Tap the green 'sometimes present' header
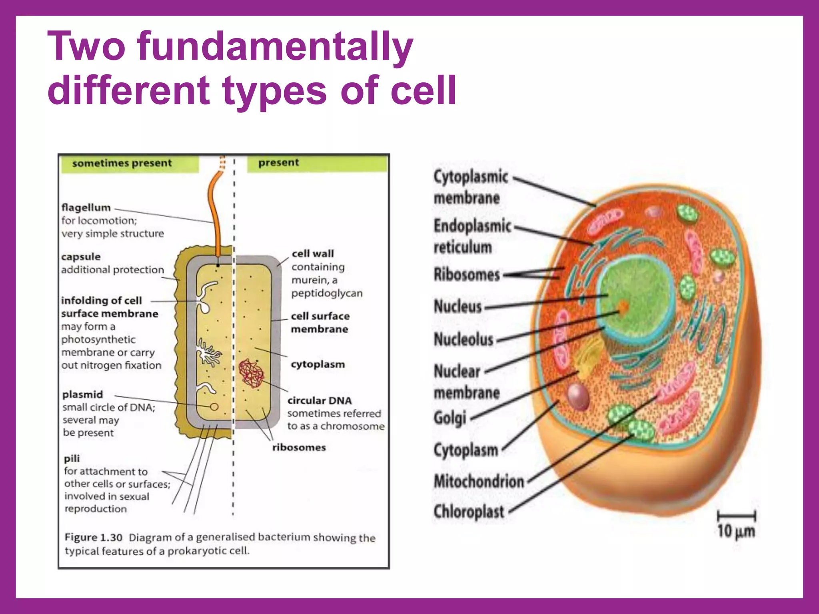pyautogui.click(x=122, y=163)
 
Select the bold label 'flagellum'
pyautogui.click(x=86, y=207)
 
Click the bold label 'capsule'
pyautogui.click(x=81, y=257)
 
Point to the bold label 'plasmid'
pyautogui.click(x=83, y=395)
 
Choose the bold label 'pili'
pyautogui.click(x=72, y=459)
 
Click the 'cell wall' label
pyautogui.click(x=313, y=253)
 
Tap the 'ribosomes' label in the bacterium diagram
pyautogui.click(x=299, y=447)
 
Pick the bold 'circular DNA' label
pyautogui.click(x=320, y=401)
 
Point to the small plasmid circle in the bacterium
pyautogui.click(x=214, y=407)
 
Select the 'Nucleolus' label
pyautogui.click(x=463, y=339)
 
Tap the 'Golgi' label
pyautogui.click(x=450, y=418)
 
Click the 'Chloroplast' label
pyautogui.click(x=469, y=511)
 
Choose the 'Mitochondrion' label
pyautogui.click(x=479, y=481)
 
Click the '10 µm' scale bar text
pyautogui.click(x=736, y=531)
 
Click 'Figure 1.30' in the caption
pyautogui.click(x=93, y=537)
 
